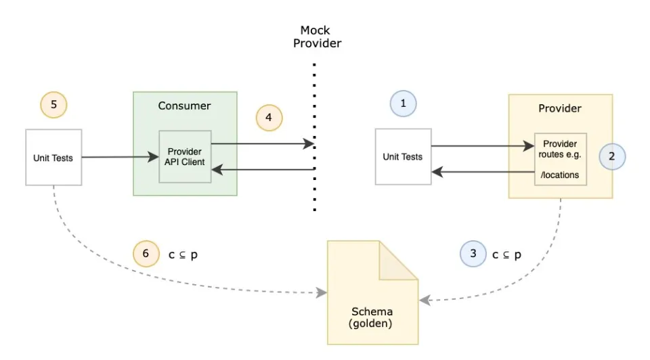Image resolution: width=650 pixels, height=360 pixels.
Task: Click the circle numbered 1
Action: tap(403, 104)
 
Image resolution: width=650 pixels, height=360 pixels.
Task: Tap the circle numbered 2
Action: tap(612, 156)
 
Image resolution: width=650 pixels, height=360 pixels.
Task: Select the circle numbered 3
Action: tap(473, 254)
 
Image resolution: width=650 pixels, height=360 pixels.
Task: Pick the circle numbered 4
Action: tap(269, 118)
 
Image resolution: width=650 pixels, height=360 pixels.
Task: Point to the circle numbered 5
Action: tap(53, 104)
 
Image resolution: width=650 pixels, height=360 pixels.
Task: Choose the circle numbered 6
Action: tap(146, 254)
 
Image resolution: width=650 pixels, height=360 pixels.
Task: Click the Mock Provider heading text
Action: tap(317, 37)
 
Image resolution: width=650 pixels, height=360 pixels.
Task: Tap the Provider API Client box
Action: tap(185, 156)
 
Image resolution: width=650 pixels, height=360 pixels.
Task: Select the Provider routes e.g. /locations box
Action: tap(561, 159)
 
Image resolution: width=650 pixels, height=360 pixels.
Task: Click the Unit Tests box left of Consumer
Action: tap(53, 158)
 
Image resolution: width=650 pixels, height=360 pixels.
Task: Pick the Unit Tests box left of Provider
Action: tap(403, 156)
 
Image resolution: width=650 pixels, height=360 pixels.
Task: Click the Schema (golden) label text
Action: tap(372, 317)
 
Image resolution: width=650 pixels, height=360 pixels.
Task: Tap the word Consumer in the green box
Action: tap(184, 106)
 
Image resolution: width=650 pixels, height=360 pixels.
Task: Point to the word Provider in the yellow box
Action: tap(560, 108)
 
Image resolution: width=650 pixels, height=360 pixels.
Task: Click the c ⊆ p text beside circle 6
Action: tap(183, 255)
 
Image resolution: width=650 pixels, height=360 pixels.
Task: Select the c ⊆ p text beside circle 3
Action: tap(506, 255)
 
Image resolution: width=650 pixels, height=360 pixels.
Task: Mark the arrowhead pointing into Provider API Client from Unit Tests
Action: tap(154, 157)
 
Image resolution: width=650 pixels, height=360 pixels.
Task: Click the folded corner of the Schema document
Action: tap(398, 261)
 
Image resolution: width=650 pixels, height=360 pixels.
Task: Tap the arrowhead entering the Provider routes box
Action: tap(529, 145)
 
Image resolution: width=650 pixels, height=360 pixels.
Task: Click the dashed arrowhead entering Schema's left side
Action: tap(322, 292)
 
